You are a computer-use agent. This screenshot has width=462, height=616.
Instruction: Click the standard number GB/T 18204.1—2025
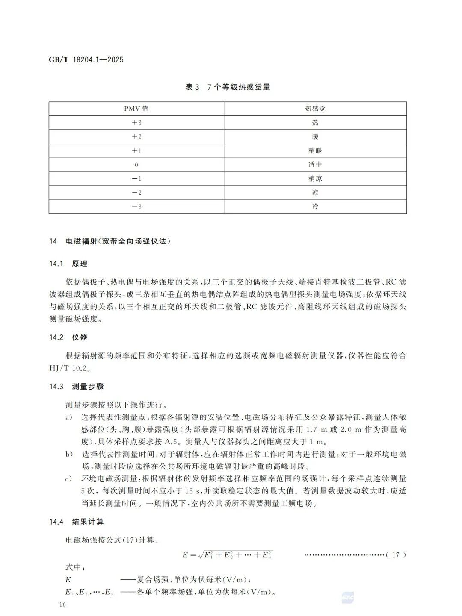(86, 60)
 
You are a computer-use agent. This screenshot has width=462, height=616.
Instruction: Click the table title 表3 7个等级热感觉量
(228, 87)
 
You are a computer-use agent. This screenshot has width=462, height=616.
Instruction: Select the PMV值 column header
(136, 109)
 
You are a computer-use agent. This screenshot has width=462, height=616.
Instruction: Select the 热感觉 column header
(315, 109)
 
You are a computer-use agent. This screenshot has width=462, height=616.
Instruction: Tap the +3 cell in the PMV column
(136, 123)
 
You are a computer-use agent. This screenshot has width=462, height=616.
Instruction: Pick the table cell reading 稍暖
(315, 150)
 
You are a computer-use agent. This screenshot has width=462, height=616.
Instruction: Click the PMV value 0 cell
(136, 164)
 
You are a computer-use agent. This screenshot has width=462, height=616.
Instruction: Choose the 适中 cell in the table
(315, 164)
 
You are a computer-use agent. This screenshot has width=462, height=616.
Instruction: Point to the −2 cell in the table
(136, 192)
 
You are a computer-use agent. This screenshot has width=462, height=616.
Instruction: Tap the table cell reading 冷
(315, 206)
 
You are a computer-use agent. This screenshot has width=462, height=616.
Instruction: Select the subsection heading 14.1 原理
(68, 264)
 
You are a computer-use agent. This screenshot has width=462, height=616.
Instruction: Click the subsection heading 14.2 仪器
(68, 337)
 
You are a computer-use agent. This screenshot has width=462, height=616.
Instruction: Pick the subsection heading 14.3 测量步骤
(77, 387)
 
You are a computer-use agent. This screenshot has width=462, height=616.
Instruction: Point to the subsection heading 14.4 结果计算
(77, 522)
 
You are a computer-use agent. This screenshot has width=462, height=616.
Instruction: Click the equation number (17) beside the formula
(396, 555)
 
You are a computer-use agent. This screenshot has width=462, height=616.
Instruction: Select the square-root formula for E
(227, 555)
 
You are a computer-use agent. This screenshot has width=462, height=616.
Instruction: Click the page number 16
(63, 604)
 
